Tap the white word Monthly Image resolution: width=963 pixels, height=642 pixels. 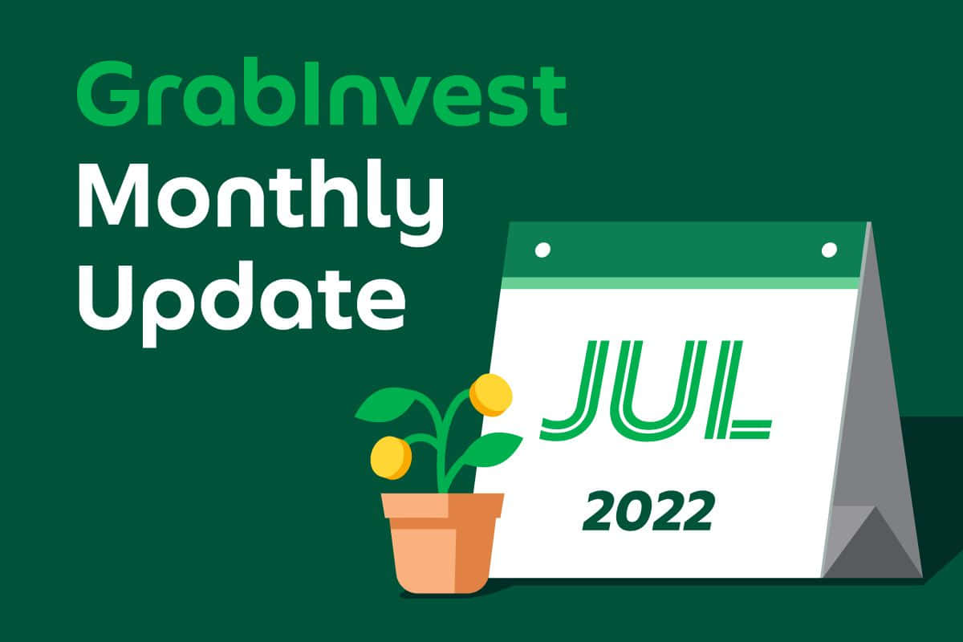[261, 203]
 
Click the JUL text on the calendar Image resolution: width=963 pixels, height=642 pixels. [656, 391]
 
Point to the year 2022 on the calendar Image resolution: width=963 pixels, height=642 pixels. [648, 512]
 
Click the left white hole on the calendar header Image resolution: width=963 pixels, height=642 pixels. [542, 250]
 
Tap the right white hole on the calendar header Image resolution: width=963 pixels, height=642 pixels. [829, 250]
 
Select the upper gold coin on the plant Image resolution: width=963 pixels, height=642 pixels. [491, 395]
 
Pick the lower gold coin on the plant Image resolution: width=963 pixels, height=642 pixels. [392, 457]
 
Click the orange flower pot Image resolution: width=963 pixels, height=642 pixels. [443, 543]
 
